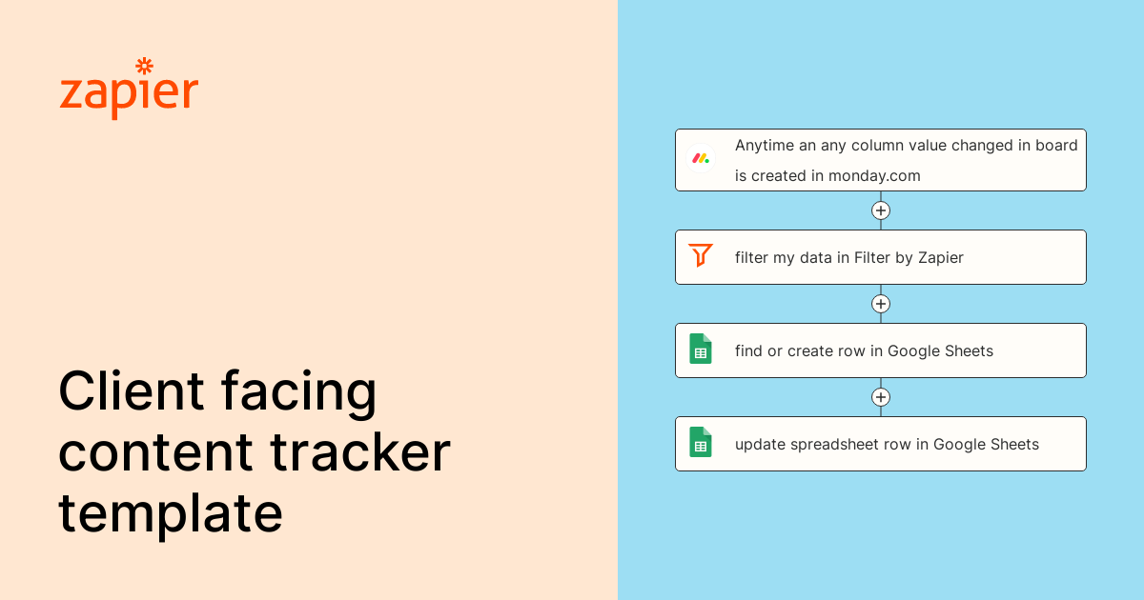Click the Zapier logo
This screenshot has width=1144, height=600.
pos(129,90)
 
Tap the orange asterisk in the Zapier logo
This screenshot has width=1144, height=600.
pos(144,66)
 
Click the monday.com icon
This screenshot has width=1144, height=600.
pos(701,158)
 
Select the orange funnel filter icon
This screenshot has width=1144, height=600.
pos(701,255)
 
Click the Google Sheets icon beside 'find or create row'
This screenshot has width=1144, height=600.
pos(701,349)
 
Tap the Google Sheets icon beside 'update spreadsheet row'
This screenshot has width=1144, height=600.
pos(701,442)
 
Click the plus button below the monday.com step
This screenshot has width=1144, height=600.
pos(881,210)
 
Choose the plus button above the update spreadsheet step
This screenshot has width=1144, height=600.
pos(881,397)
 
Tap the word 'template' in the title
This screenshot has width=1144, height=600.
pos(171,514)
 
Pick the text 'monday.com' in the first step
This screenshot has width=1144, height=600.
pos(874,175)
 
